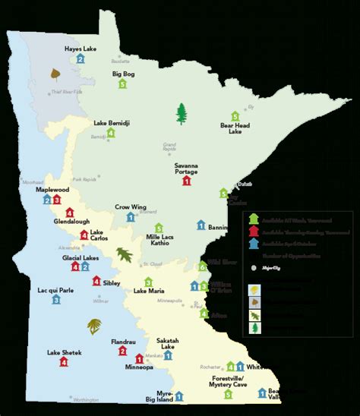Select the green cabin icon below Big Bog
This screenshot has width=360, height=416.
[x=122, y=84]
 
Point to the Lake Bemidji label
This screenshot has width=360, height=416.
[x=111, y=122]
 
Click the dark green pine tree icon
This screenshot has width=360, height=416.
[x=181, y=114]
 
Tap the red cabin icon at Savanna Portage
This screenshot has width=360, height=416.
[x=187, y=181]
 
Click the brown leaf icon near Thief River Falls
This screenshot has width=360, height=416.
[x=54, y=74]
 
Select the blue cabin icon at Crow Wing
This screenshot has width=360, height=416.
[x=131, y=217]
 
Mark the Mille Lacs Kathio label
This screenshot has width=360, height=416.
[x=159, y=244]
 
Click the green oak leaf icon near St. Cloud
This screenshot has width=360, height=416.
[x=123, y=254]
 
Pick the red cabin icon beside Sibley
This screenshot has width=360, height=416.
[x=96, y=282]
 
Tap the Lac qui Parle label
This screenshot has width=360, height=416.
[x=56, y=290]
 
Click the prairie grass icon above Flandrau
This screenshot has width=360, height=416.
[x=94, y=327]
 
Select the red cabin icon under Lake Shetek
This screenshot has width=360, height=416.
[x=64, y=363]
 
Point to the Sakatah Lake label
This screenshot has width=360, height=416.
[x=168, y=344]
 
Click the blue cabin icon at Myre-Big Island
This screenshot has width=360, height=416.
[x=179, y=396]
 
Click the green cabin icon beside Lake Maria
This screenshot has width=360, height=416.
[x=159, y=280]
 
